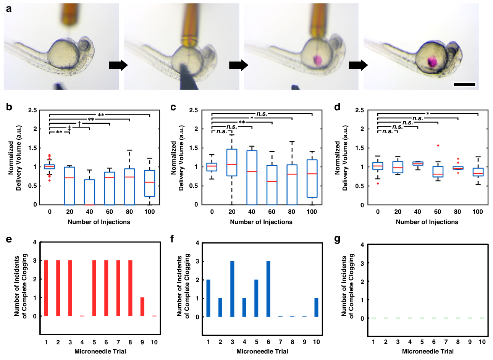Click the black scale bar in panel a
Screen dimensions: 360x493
pos(465,84)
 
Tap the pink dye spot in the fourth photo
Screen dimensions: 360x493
pos(432,62)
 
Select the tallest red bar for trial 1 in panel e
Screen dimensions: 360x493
pos(46,288)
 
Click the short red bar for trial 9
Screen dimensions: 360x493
pos(142,307)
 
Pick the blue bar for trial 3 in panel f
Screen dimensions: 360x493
pos(232,289)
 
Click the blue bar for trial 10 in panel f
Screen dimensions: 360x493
pos(317,308)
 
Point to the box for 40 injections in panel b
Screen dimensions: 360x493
pos(89,192)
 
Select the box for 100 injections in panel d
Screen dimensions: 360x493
pos(478,172)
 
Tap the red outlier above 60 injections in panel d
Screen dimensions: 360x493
pos(438,145)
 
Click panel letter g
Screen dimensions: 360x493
pos(337,239)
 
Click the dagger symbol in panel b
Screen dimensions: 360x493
pos(79,123)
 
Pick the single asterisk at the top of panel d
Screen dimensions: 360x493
pos(428,113)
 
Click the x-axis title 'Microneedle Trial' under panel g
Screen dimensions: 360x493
pos(428,351)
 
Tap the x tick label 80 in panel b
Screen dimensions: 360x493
pos(129,212)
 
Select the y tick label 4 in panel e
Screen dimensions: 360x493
pos(35,242)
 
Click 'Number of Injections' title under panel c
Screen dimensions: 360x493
pos(261,222)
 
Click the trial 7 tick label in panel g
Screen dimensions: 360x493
pos(446,342)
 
